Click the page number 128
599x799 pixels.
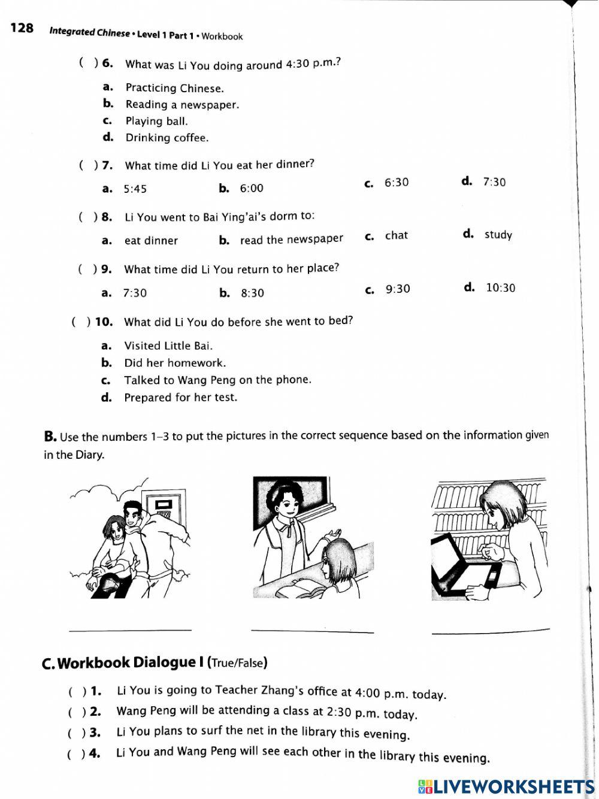pos(22,28)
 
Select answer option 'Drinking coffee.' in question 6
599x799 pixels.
pos(167,138)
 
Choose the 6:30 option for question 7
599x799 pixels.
pos(396,182)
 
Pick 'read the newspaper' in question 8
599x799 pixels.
pos(291,240)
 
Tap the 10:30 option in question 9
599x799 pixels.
pos(500,287)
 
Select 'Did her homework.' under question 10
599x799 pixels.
pos(174,363)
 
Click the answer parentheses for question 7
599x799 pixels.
pos(87,165)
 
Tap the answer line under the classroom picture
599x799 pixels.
pos(312,630)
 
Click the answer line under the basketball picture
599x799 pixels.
pos(130,629)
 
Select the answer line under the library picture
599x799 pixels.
pos(490,630)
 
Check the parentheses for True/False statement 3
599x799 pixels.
pos(75,733)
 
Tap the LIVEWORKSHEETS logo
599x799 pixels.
pos(506,786)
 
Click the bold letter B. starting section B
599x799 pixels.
pos(50,437)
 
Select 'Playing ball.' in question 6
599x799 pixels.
pos(156,121)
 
